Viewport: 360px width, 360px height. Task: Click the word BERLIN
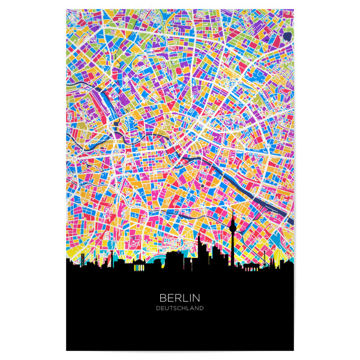coord(179,297)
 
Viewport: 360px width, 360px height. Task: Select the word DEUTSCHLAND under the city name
coord(179,308)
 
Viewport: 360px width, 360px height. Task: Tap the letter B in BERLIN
coord(163,297)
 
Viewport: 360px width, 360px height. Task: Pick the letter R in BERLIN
coord(178,297)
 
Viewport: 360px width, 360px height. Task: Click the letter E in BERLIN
coord(170,297)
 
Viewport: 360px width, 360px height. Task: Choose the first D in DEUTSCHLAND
coord(157,308)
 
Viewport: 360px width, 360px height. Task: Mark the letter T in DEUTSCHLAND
coord(170,308)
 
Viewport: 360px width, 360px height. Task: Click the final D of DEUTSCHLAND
coord(202,308)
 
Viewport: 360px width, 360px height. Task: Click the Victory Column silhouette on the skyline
coord(110,258)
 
